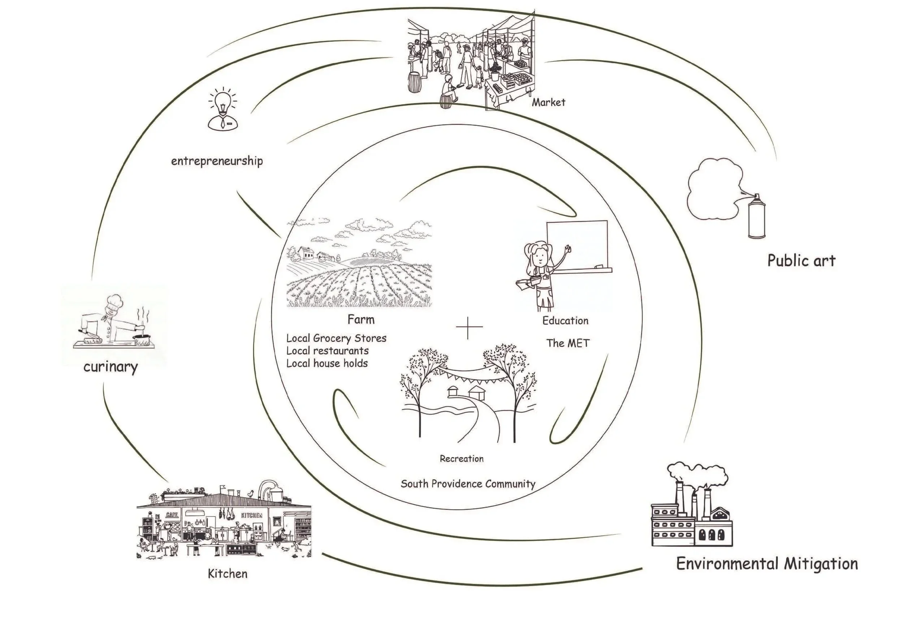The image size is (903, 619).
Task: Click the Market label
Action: click(x=548, y=102)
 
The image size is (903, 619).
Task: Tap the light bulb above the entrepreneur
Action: click(x=222, y=101)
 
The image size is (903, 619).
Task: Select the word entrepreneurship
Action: click(x=217, y=161)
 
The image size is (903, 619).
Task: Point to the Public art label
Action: click(x=801, y=261)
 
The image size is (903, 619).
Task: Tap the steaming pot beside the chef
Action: click(x=142, y=339)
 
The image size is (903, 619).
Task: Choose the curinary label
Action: click(x=111, y=367)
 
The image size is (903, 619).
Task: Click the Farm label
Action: click(x=361, y=319)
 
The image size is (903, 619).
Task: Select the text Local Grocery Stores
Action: click(x=337, y=338)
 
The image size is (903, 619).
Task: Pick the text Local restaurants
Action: click(x=328, y=351)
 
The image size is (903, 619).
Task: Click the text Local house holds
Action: click(x=327, y=364)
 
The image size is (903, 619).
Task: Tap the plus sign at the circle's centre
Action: click(x=468, y=327)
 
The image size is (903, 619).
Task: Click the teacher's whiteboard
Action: click(x=577, y=243)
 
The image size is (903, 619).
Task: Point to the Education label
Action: click(x=565, y=321)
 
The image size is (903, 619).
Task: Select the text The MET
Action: click(x=568, y=343)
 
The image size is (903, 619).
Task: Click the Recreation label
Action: click(x=462, y=459)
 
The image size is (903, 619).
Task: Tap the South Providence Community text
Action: click(x=468, y=484)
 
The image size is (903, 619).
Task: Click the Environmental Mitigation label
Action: click(x=767, y=564)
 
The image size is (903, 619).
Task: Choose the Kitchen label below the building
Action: click(x=228, y=573)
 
